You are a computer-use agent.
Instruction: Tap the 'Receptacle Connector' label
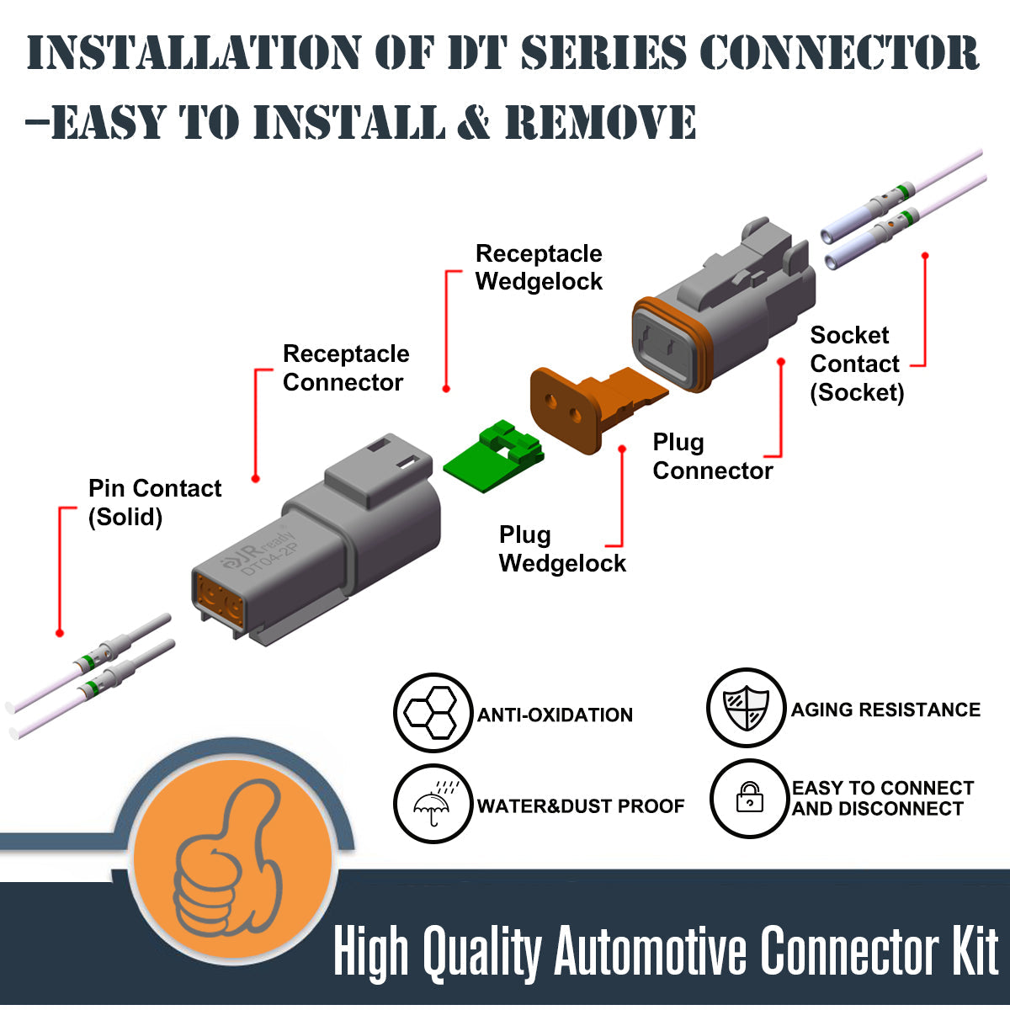[x=345, y=368]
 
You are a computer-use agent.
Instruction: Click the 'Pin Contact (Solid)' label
[x=154, y=502]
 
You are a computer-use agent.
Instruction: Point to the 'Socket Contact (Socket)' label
[x=856, y=364]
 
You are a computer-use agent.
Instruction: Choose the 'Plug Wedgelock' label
[x=562, y=549]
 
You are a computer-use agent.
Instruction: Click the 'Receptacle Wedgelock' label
[x=539, y=268]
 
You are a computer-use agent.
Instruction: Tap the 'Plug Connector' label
[x=712, y=456]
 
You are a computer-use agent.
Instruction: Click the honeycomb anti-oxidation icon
[x=432, y=714]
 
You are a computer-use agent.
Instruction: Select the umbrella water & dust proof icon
[x=432, y=804]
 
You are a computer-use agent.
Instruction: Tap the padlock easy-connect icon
[x=748, y=798]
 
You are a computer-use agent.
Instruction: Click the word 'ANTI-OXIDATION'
[x=555, y=715]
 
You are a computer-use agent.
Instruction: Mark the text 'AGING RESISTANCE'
[x=885, y=710]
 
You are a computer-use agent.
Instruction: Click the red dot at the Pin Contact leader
[x=60, y=633]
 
